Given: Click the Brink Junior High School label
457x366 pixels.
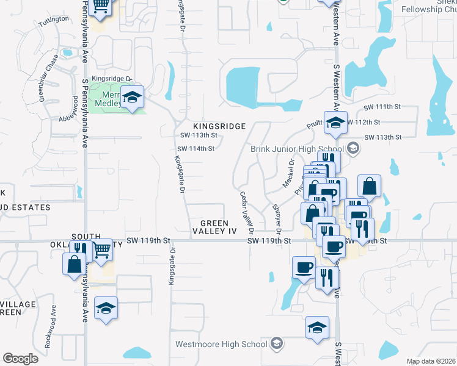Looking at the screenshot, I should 297,149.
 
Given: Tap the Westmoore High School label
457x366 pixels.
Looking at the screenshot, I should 221,344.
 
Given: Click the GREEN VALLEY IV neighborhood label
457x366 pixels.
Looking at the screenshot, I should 214,227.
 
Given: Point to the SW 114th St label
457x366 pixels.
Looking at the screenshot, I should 196,148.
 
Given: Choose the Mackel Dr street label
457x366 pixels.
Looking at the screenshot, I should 288,174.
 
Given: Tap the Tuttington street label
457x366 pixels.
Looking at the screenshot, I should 54,20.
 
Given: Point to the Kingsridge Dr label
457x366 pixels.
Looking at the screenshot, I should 112,79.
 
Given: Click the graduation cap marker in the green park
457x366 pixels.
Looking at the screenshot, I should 131,98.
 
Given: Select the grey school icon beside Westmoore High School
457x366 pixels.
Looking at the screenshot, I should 277,344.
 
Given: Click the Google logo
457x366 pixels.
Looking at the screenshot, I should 20,359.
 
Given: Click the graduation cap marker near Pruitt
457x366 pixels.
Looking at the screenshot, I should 335,123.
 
